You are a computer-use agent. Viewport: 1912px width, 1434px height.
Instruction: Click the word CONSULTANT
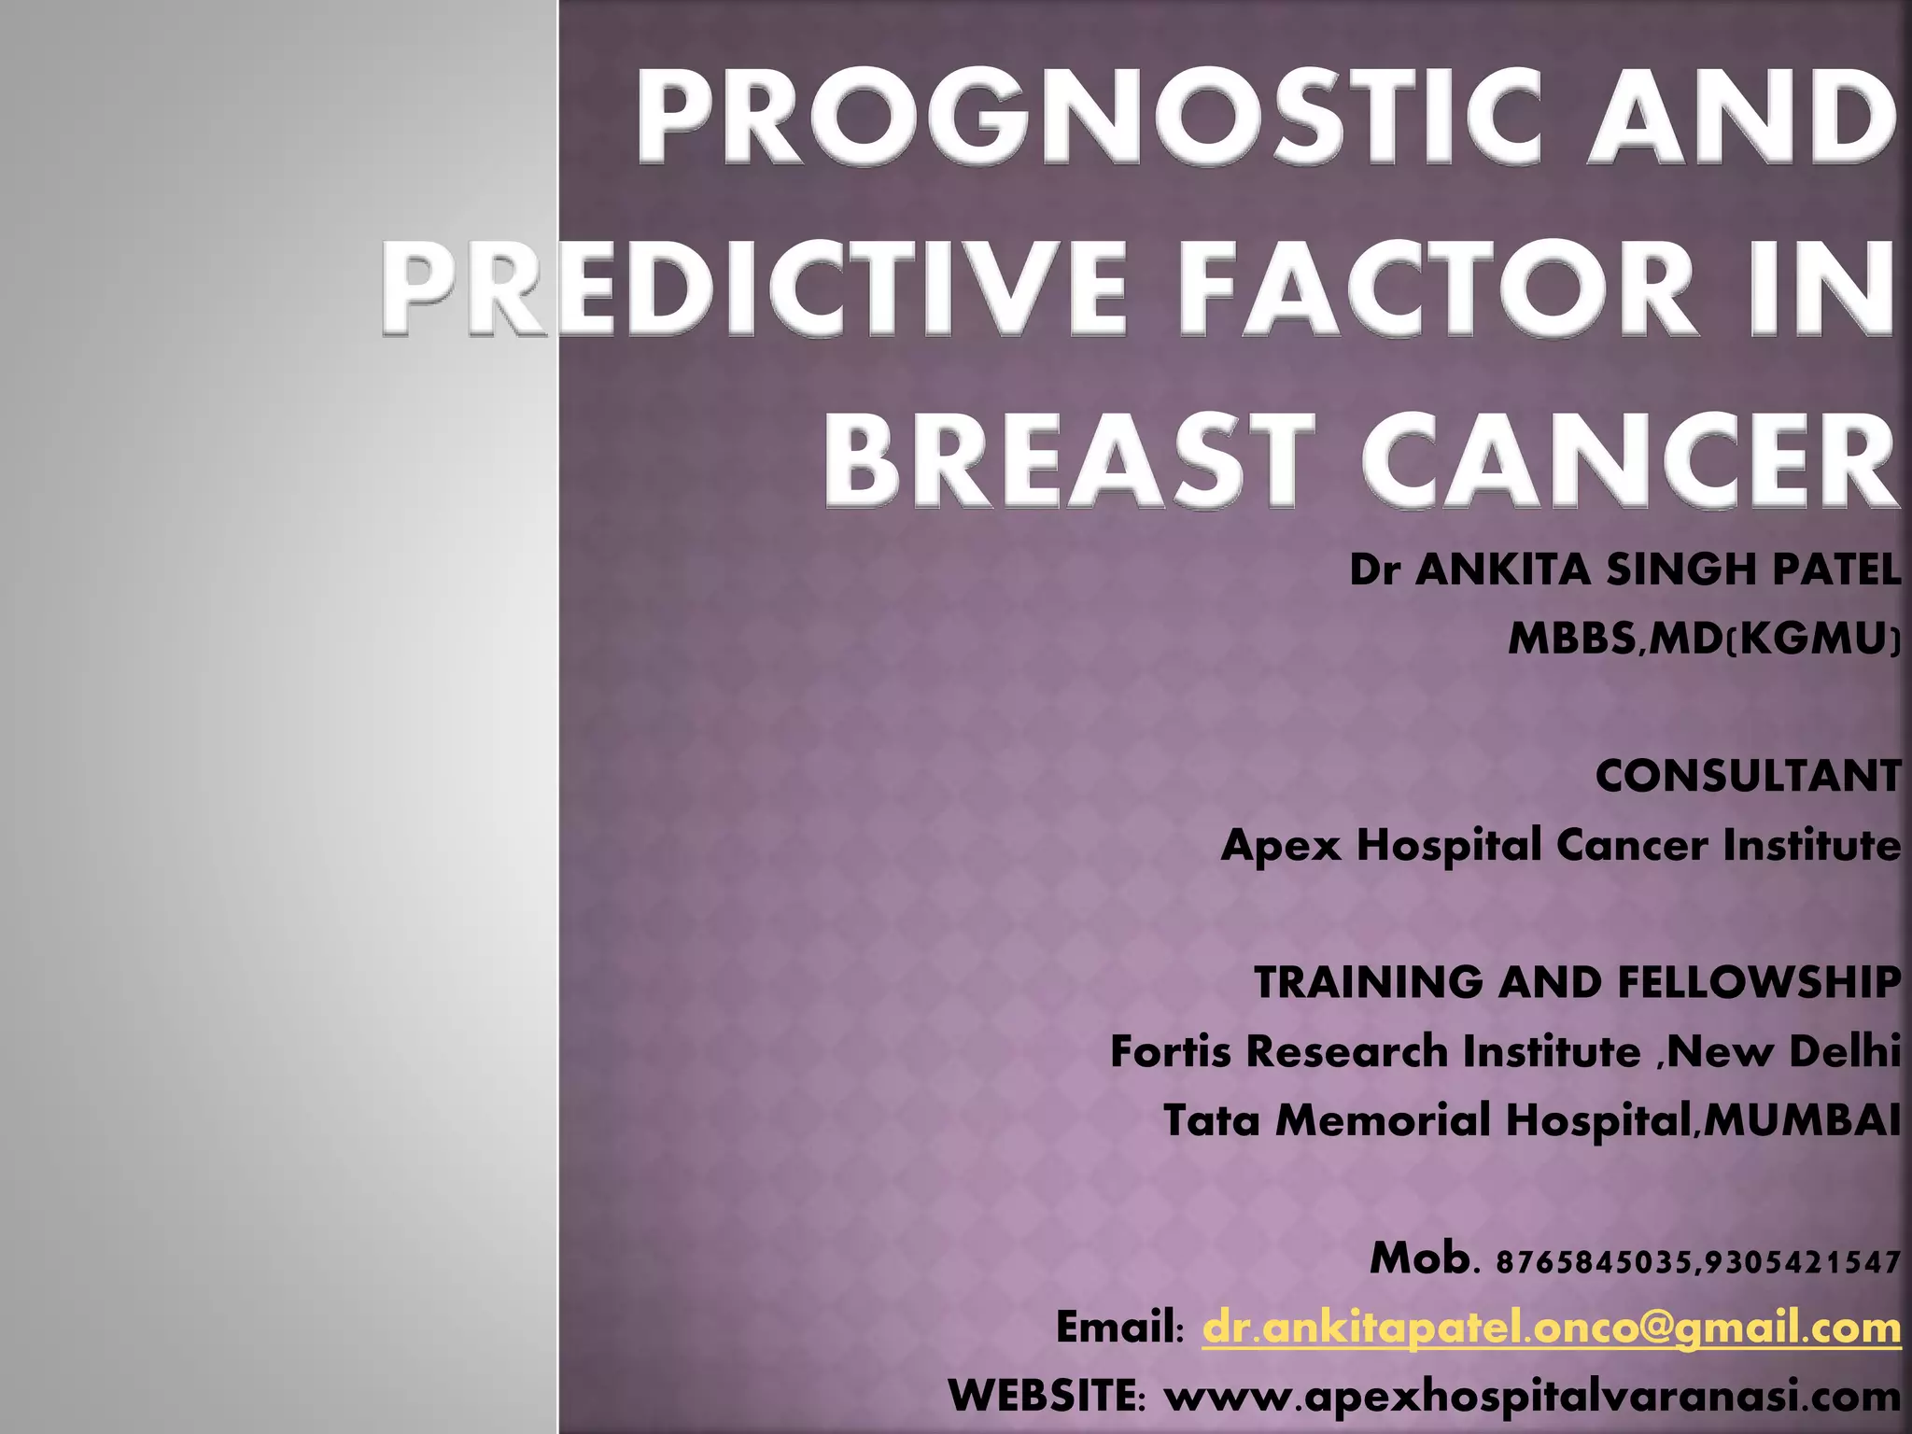[x=1748, y=776]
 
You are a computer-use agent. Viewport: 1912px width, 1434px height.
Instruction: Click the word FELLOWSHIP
[x=1759, y=982]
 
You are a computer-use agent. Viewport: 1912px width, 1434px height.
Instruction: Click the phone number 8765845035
[x=1595, y=1263]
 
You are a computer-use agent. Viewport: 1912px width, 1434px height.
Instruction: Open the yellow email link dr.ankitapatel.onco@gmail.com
[x=1551, y=1327]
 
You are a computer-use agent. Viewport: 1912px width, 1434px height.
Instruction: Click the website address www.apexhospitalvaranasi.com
[x=1532, y=1397]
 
